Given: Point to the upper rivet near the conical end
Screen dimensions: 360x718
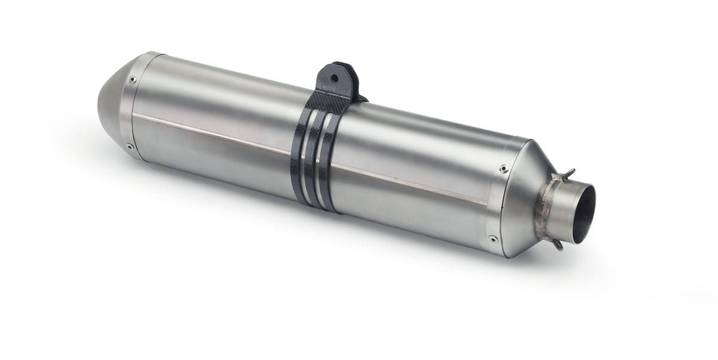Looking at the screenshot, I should [x=503, y=169].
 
